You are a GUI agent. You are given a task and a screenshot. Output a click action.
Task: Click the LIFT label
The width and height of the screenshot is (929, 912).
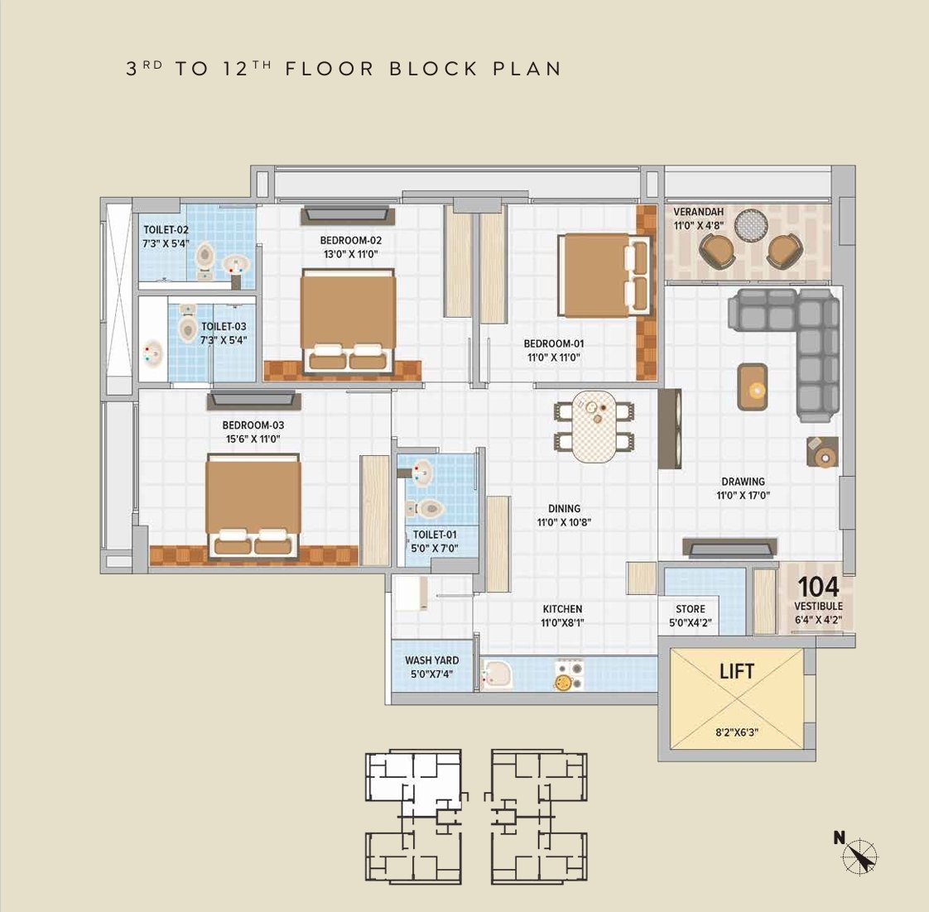736,671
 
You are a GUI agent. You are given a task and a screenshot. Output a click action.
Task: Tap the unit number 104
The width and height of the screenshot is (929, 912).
818,587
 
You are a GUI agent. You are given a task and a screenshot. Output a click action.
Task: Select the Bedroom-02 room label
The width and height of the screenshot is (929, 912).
351,241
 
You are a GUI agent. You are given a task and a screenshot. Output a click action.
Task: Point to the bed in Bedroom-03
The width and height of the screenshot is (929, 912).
253,506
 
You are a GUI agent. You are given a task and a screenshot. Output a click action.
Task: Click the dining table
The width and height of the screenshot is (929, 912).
594,426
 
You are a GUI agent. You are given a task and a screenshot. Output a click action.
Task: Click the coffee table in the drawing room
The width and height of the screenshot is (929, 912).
753,387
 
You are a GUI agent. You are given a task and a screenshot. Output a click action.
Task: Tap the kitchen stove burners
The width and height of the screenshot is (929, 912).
569,675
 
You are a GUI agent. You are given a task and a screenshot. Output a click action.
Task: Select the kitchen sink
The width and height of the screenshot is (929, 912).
497,675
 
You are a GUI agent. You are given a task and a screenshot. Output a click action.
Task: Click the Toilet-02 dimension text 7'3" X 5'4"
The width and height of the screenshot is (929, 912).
166,243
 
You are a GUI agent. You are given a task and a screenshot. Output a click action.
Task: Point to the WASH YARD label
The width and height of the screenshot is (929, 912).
432,660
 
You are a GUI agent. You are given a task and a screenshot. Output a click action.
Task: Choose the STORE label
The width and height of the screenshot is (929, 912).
691,609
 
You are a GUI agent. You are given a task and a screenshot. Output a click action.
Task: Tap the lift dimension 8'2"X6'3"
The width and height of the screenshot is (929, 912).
737,732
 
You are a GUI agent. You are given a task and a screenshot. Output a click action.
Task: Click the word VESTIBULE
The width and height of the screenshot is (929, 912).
818,607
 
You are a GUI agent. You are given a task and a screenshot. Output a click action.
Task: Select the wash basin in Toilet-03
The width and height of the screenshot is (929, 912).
153,353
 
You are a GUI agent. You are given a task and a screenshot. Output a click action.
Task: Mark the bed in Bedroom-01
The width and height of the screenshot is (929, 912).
604,276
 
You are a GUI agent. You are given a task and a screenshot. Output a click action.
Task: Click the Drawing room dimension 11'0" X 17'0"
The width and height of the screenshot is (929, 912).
743,496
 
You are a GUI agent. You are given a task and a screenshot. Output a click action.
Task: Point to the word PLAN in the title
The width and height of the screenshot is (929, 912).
527,69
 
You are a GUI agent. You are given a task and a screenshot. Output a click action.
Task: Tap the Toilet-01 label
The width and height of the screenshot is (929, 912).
435,534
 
